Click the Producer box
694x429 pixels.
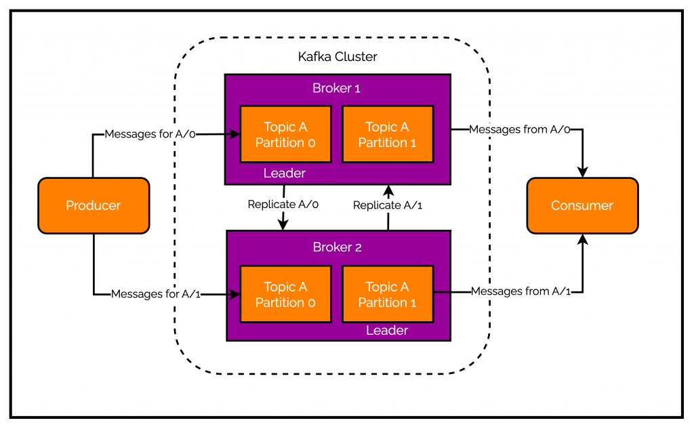[94, 205]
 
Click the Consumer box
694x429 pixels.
[582, 205]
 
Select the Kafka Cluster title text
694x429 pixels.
[338, 57]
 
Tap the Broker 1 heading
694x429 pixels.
[338, 88]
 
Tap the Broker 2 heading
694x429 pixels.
[338, 247]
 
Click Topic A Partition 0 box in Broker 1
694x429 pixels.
[285, 134]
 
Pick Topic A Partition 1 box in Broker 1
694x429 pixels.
[387, 134]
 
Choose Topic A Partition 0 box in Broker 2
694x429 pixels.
[285, 294]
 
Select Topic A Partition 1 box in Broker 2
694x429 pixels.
[387, 294]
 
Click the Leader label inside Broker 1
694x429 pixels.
[285, 173]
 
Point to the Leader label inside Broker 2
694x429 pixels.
[387, 331]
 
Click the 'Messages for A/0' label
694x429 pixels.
[150, 134]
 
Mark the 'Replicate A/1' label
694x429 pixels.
[388, 205]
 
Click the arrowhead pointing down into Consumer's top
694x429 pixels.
[582, 172]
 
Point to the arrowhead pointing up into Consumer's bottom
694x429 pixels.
[582, 239]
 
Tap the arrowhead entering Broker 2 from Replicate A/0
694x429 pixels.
[284, 226]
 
